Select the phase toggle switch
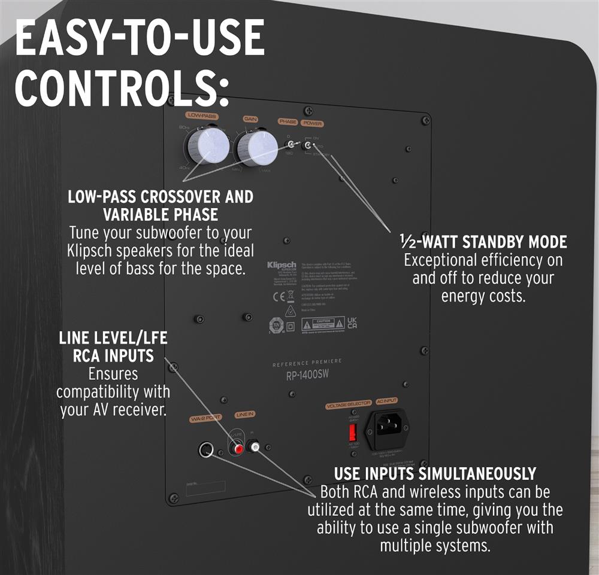(x=292, y=144)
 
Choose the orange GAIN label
(x=250, y=119)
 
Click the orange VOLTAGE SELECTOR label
(x=348, y=406)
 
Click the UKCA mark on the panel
(x=353, y=323)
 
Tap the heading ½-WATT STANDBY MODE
(x=483, y=242)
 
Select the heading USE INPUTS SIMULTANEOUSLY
(x=435, y=474)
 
